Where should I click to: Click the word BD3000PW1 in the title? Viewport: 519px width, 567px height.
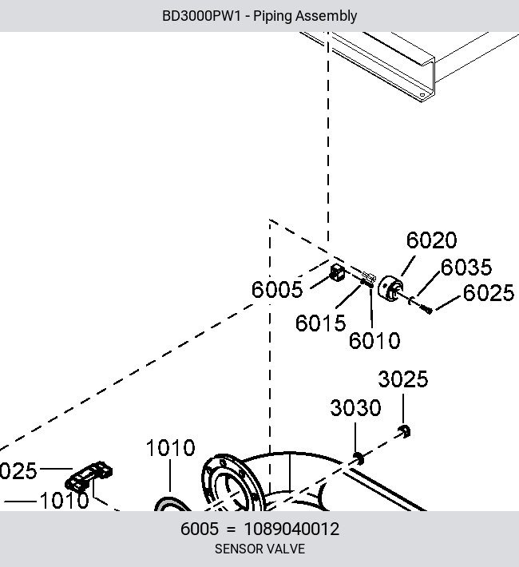click(x=201, y=16)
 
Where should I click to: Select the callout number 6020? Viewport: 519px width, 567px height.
click(x=431, y=240)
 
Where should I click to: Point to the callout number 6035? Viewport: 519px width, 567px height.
click(x=466, y=267)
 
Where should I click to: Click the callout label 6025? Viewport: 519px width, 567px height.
click(x=488, y=292)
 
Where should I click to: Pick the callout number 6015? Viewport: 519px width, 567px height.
click(x=320, y=323)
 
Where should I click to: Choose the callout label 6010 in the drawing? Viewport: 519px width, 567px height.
click(x=374, y=340)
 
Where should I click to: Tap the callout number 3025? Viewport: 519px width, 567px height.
click(x=403, y=379)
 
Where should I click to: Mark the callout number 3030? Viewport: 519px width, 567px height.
click(x=355, y=408)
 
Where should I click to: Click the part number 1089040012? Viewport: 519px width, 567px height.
click(x=291, y=529)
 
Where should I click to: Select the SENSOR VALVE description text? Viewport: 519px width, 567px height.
click(x=259, y=549)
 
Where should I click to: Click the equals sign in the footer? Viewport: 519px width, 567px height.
click(x=231, y=529)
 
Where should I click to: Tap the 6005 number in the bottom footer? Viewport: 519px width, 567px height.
click(x=200, y=529)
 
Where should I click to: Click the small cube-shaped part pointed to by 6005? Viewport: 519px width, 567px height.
click(x=337, y=272)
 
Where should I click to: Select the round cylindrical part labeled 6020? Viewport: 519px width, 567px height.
click(x=390, y=288)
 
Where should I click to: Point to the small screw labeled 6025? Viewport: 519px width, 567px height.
click(x=426, y=309)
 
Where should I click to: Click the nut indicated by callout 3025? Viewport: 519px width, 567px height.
click(x=404, y=431)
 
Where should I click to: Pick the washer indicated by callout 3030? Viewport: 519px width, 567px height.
click(x=358, y=458)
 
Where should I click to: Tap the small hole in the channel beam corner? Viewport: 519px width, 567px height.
click(x=422, y=96)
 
